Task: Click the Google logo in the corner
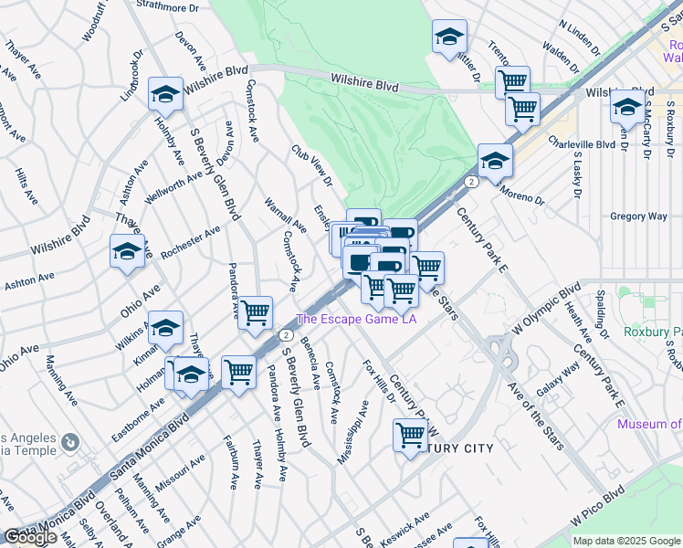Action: [29, 537]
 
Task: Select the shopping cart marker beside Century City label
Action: [410, 435]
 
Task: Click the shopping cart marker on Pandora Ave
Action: [255, 312]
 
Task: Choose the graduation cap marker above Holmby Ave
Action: [165, 93]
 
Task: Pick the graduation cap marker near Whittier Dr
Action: [448, 37]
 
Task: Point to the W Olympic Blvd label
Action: [546, 311]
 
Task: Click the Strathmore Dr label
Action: [167, 6]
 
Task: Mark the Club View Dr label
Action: [309, 163]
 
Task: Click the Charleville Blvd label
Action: [582, 143]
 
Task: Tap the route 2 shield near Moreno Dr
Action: [470, 183]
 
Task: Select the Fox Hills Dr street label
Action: [378, 382]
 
